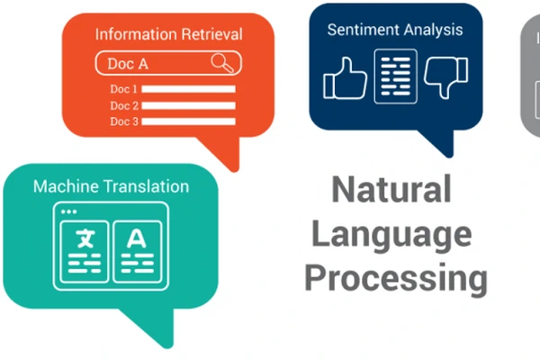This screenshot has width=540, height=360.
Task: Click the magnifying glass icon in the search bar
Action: (220, 62)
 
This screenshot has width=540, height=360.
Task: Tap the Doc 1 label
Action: (123, 89)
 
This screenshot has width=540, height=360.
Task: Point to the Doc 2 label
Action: (123, 105)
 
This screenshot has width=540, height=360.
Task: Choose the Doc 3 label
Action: (123, 121)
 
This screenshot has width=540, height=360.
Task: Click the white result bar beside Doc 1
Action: (189, 89)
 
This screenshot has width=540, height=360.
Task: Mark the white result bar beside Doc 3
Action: (189, 121)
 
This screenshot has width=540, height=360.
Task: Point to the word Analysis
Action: (434, 30)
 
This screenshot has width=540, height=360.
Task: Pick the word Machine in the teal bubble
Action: (64, 186)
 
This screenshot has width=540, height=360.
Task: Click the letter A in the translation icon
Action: (136, 239)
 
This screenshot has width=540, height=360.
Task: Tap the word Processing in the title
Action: (395, 278)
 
